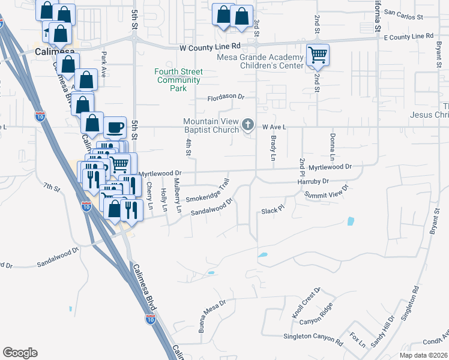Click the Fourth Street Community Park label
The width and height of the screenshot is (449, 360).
[178, 80]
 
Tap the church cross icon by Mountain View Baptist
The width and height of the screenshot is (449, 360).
[249, 126]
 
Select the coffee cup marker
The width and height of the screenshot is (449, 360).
[115, 127]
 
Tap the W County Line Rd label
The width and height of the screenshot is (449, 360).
[209, 46]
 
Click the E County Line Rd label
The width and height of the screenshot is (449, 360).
[408, 37]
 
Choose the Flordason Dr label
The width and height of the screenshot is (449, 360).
[226, 97]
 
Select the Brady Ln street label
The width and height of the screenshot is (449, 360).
[273, 146]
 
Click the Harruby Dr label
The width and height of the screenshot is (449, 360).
[313, 181]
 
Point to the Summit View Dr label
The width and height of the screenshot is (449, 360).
[326, 191]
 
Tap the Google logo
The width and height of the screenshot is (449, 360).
[20, 353]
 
